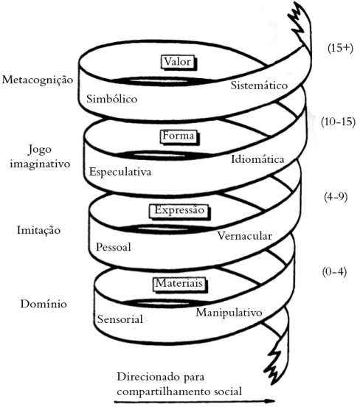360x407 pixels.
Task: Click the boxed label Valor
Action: tap(179, 62)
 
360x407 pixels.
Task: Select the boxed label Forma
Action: tap(179, 136)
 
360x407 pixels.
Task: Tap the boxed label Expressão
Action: tap(179, 210)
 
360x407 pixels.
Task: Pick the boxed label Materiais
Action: tap(179, 284)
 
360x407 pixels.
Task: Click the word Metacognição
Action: tap(38, 80)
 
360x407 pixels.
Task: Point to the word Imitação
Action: tap(38, 230)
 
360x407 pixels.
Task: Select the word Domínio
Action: tap(44, 304)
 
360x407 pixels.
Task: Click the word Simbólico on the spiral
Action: tap(111, 99)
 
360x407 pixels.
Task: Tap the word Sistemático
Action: tap(259, 86)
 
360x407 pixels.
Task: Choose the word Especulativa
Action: tap(120, 172)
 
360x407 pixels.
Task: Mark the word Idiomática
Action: tap(257, 159)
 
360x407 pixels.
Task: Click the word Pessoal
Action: tap(114, 247)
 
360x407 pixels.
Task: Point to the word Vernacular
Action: tap(245, 236)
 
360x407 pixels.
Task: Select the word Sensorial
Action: tap(120, 319)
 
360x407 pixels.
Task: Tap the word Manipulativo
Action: tap(229, 313)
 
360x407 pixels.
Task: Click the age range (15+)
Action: tap(340, 48)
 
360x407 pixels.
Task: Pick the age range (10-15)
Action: tap(338, 122)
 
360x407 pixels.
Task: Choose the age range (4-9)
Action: tap(336, 197)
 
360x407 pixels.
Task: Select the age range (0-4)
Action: tap(334, 272)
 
